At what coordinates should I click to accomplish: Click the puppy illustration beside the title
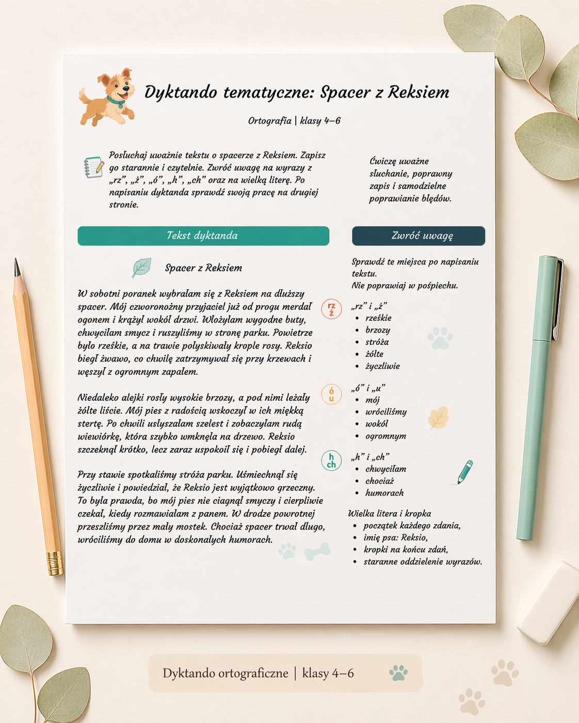coord(107,97)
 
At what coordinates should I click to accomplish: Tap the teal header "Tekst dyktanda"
coord(203,236)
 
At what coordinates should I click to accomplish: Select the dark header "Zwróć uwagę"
coord(419,236)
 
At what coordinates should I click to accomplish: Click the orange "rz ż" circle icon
coord(331,309)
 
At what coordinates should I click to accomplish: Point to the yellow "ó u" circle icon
coord(331,395)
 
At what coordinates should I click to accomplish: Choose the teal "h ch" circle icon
coord(331,461)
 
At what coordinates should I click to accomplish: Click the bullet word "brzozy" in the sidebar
coord(378,330)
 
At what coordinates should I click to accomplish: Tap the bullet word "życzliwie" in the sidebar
coord(382,366)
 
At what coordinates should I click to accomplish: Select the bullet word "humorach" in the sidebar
coord(384,493)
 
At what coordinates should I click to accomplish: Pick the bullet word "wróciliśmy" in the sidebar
coord(386,412)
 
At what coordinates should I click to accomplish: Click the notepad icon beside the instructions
coord(94,168)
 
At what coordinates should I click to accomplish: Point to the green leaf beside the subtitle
coord(141,268)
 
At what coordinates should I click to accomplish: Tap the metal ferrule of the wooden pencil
coord(55,563)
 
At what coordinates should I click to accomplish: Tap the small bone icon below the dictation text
coord(317,552)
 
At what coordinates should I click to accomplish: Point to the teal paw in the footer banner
coord(398,672)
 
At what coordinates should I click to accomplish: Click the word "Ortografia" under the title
coord(269,121)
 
